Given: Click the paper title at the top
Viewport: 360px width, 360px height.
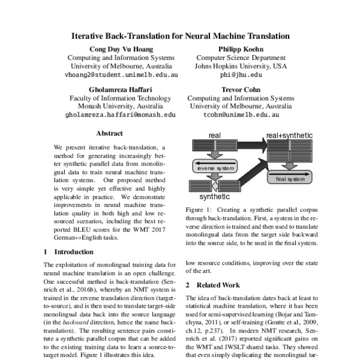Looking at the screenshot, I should coord(180,36).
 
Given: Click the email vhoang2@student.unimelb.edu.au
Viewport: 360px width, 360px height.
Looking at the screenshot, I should coord(121,75).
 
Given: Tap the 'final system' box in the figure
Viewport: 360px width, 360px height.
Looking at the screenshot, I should coord(290,179).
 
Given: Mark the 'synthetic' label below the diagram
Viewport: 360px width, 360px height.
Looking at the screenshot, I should coord(214,196).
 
